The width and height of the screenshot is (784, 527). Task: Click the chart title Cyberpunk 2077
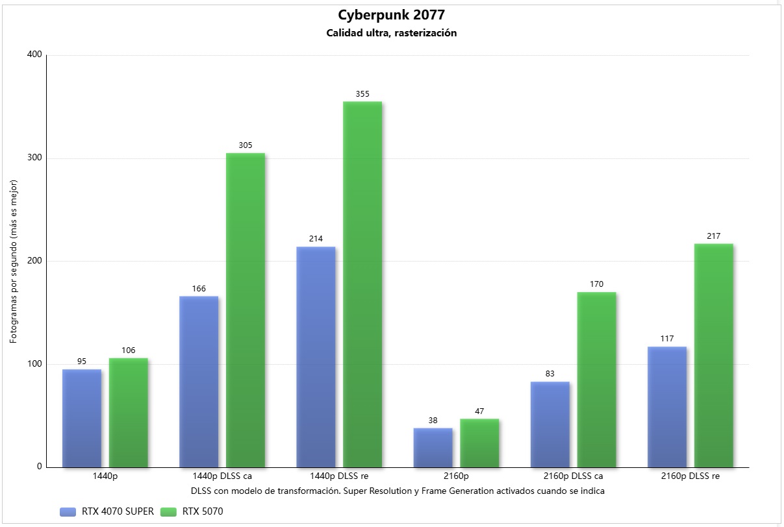click(391, 15)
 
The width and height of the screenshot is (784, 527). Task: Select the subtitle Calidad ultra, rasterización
click(391, 33)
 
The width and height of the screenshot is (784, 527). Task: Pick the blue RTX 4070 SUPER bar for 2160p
click(433, 447)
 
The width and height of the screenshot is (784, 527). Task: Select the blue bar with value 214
click(316, 357)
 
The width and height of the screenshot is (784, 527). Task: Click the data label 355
click(362, 94)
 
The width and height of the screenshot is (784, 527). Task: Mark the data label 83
click(550, 374)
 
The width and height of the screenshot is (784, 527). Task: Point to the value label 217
click(714, 236)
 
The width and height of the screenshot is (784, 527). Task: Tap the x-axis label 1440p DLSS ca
click(222, 476)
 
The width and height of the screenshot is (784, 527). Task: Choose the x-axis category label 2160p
click(456, 476)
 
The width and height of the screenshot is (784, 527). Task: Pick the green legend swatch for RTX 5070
click(169, 511)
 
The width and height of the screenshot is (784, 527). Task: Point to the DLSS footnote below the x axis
click(398, 491)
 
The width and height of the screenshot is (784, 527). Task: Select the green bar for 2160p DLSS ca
click(596, 380)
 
